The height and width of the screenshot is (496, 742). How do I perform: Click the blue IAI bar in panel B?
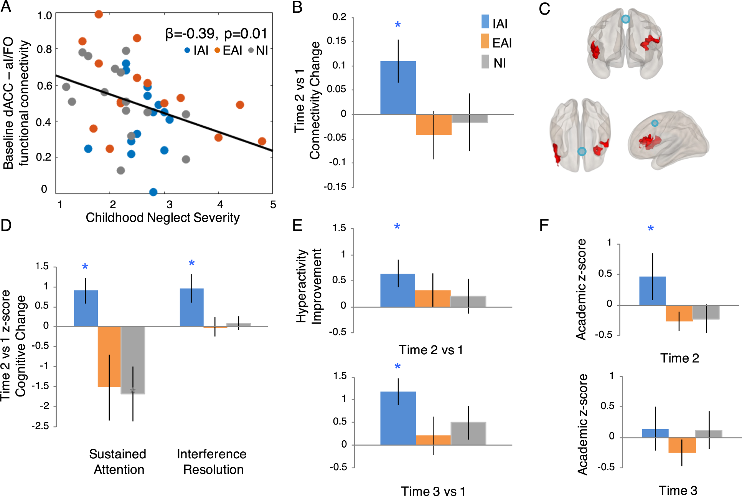tap(398, 88)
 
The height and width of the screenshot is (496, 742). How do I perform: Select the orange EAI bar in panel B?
tap(434, 124)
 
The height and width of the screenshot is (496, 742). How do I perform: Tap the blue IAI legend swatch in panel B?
tap(485, 22)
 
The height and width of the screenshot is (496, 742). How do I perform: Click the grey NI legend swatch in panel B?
tap(485, 62)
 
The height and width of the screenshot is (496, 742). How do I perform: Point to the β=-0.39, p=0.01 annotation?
tap(216, 34)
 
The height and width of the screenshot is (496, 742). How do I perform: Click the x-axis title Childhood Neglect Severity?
tap(163, 217)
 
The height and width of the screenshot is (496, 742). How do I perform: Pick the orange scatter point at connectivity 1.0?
tap(99, 14)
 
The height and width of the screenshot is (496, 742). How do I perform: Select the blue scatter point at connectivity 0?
tap(153, 192)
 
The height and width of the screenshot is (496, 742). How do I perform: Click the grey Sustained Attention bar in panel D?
tap(133, 360)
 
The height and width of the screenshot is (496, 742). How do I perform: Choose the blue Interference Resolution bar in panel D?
tap(191, 307)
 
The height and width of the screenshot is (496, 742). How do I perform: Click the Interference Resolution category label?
tap(212, 462)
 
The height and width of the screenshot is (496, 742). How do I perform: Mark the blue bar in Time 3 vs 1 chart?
tap(398, 418)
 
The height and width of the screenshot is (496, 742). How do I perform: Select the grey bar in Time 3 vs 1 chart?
tap(468, 433)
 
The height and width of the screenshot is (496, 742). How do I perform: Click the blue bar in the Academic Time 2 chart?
tap(652, 291)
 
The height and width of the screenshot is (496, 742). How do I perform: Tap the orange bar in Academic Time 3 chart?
tap(682, 445)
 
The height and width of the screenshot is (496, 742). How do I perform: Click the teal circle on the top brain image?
tap(626, 19)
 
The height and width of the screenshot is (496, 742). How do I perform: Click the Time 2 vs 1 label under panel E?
tap(431, 350)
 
